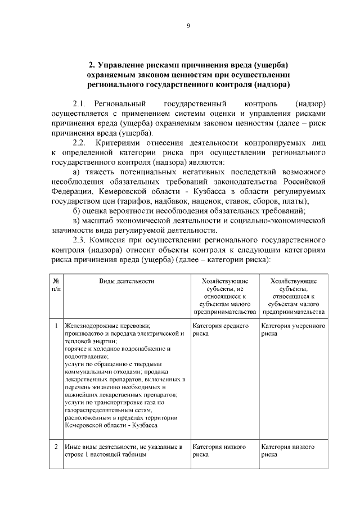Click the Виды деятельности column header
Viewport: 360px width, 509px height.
[127, 281]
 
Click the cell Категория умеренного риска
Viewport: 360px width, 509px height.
[293, 329]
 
